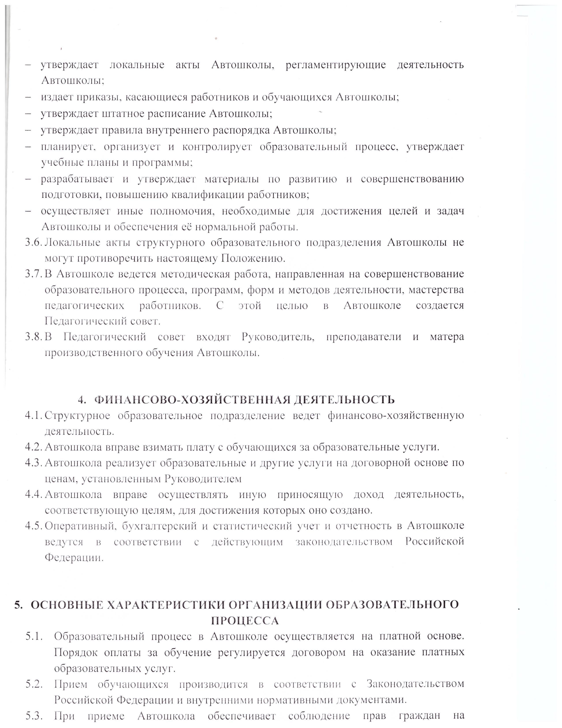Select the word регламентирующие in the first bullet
click(336, 65)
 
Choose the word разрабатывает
click(77, 179)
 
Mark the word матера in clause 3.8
click(447, 337)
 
